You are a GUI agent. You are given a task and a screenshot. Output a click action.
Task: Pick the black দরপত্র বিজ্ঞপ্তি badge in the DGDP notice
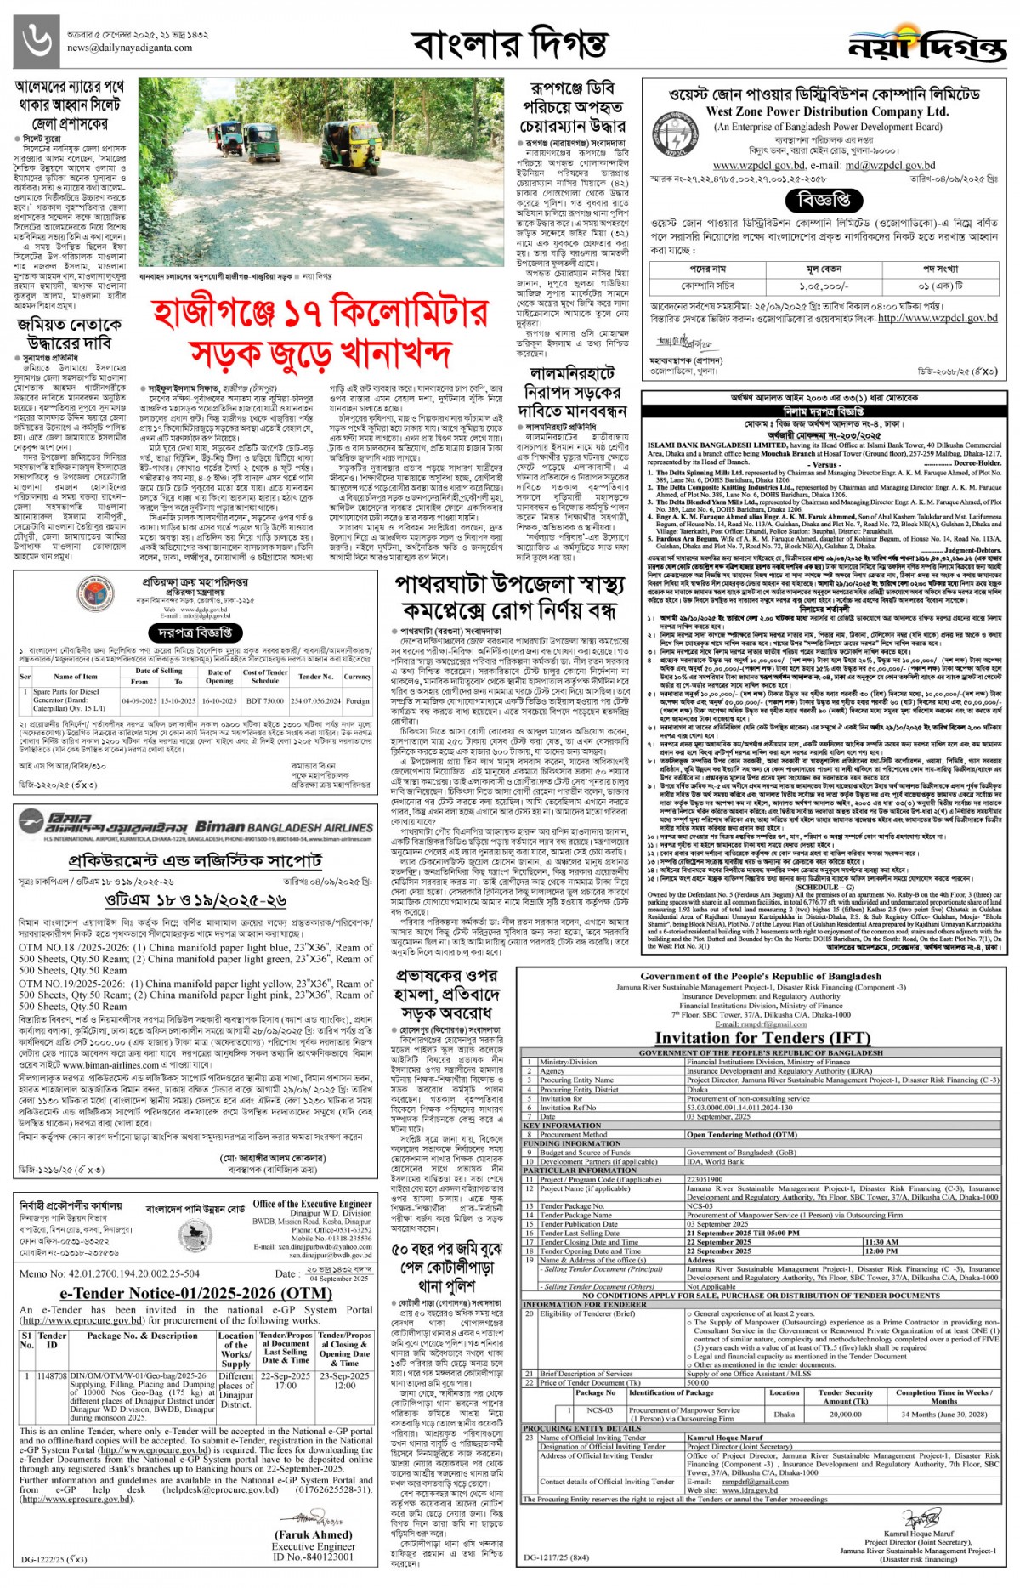coord(195,632)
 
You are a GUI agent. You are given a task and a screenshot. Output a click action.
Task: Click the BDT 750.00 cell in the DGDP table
coord(265,701)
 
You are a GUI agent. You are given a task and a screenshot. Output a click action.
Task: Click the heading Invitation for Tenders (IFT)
coord(762,1037)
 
